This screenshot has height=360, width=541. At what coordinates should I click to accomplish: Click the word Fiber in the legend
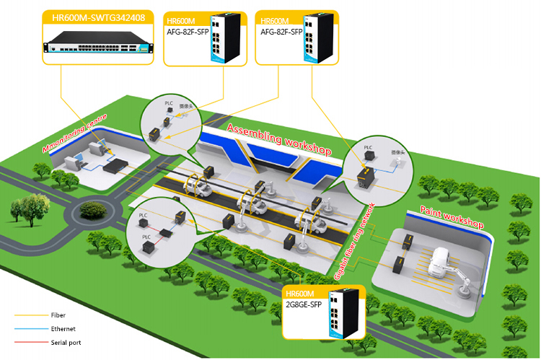coord(58,315)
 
